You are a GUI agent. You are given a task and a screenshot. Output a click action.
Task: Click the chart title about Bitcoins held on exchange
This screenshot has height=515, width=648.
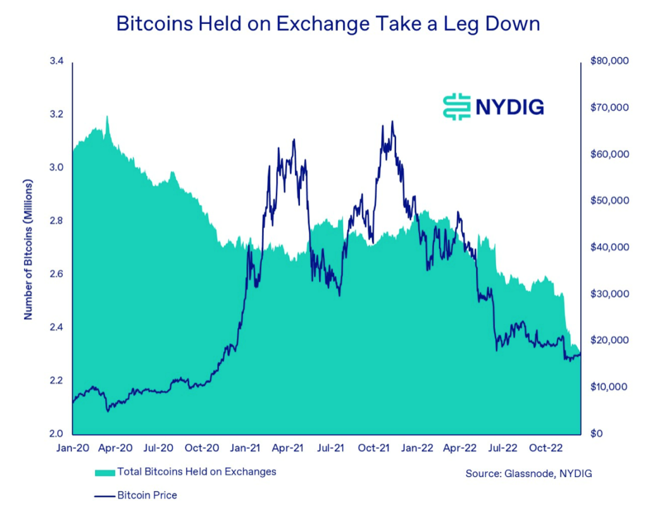[328, 25]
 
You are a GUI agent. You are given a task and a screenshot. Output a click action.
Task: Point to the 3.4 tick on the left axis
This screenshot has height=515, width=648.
[57, 61]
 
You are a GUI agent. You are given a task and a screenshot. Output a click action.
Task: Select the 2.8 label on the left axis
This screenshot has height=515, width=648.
[57, 221]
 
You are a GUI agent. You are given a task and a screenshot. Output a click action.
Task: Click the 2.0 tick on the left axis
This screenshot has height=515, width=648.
[57, 433]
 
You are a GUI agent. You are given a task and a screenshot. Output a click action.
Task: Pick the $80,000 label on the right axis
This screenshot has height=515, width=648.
[608, 61]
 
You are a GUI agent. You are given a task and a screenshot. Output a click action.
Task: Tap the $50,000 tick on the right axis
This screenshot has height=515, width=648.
[608, 201]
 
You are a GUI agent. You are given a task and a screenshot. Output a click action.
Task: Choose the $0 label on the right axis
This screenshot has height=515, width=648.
[597, 433]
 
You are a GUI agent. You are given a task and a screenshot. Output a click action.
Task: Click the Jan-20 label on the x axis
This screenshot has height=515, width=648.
[73, 448]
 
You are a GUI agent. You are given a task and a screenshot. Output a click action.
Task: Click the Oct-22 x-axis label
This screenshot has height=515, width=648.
[546, 448]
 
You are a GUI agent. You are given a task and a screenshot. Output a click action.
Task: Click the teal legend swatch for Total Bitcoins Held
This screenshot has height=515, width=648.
[104, 473]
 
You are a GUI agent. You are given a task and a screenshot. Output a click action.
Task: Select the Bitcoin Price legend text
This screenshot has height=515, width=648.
[147, 495]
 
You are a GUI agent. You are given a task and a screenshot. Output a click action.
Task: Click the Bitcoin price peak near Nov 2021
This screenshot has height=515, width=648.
[392, 121]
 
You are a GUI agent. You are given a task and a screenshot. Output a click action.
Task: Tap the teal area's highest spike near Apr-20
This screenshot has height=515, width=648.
[107, 117]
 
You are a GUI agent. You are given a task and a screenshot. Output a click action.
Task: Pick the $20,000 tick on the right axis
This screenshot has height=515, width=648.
[608, 341]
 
